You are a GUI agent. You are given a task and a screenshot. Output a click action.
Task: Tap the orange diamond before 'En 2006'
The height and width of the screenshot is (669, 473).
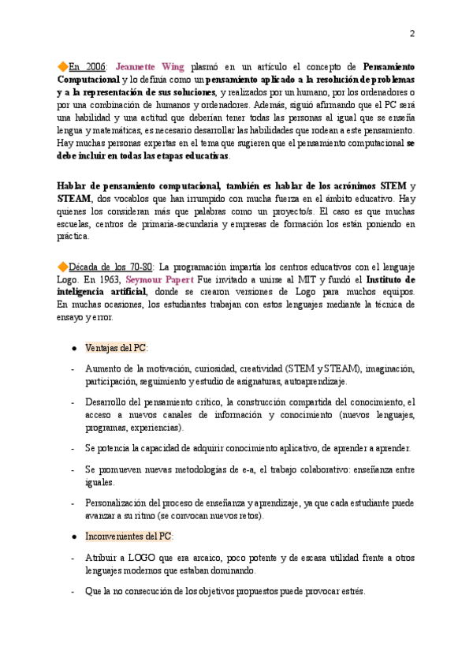point(63,66)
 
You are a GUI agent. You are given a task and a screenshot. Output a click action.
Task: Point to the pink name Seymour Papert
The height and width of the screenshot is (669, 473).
point(154,280)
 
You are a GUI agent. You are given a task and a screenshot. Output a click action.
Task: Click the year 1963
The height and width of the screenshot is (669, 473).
point(108,280)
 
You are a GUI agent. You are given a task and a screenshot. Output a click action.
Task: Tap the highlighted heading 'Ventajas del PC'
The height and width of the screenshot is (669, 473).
point(116,348)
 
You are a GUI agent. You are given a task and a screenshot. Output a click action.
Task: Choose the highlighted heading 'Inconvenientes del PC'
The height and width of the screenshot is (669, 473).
point(128,536)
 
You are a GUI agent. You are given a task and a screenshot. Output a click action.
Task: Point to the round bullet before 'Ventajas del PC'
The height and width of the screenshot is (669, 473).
point(73,348)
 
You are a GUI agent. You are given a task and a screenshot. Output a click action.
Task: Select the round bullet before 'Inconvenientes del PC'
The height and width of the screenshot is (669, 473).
point(73,536)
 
